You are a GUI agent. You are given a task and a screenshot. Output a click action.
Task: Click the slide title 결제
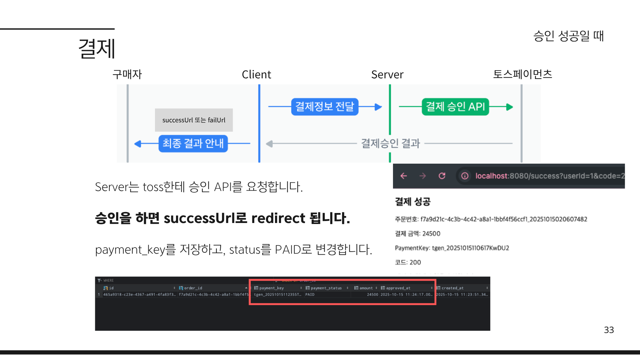pos(97,48)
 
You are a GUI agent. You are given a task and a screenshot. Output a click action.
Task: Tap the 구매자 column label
pos(127,74)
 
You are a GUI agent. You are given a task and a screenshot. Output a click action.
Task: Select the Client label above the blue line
pos(256,75)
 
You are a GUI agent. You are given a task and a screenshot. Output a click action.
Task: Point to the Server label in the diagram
pos(387,75)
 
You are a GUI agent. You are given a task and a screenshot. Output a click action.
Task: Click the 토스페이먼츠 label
pos(522,74)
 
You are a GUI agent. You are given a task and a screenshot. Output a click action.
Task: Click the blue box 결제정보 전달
pos(325,107)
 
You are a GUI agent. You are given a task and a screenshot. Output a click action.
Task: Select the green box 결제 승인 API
pos(455,107)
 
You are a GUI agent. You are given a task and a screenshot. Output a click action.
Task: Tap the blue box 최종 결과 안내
pos(193,143)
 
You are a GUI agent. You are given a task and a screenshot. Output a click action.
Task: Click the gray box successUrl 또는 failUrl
pos(194,120)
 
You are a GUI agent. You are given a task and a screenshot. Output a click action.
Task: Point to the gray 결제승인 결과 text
pos(390,143)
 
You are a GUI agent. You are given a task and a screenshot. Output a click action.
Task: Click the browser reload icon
pos(442,176)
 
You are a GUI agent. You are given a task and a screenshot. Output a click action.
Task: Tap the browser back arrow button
pos(404,176)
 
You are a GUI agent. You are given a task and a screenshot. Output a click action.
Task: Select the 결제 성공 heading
pos(413,201)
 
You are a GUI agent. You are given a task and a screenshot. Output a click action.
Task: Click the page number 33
pos(609,330)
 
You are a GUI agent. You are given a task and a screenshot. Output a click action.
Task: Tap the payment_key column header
pos(271,288)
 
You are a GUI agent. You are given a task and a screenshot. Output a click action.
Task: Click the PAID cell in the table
pos(310,295)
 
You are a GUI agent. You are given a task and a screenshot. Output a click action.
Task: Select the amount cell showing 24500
pos(372,295)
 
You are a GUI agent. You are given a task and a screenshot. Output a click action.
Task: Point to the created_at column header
pos(452,288)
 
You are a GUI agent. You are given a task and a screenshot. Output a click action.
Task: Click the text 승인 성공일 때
pos(568,36)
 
